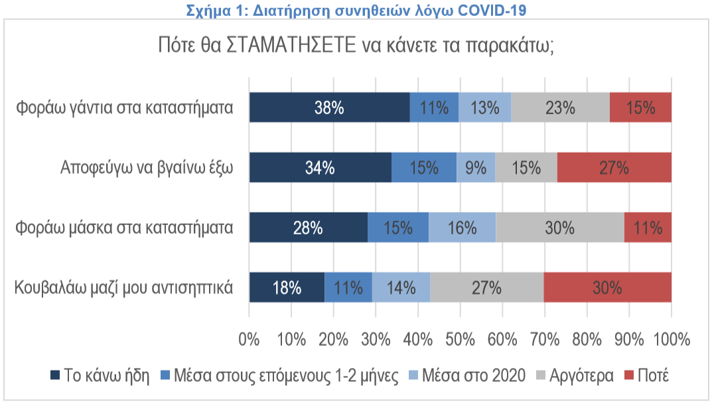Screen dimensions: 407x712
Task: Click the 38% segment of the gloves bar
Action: [329, 108]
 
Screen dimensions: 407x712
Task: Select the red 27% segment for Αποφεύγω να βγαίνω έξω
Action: [614, 167]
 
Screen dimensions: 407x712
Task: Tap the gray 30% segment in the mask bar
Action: [559, 228]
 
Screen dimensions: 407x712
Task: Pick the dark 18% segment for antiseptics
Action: [287, 287]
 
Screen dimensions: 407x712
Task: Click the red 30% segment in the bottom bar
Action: [607, 287]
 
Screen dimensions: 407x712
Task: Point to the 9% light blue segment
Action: [476, 167]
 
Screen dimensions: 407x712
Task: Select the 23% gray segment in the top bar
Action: [560, 108]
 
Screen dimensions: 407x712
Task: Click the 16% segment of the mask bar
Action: [462, 228]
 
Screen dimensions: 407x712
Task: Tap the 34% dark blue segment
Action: [320, 167]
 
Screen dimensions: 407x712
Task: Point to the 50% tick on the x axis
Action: [460, 339]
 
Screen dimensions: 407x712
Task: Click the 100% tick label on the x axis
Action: [671, 339]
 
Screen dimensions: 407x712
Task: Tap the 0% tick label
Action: [249, 339]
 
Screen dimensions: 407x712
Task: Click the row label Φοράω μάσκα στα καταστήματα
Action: [125, 228]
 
